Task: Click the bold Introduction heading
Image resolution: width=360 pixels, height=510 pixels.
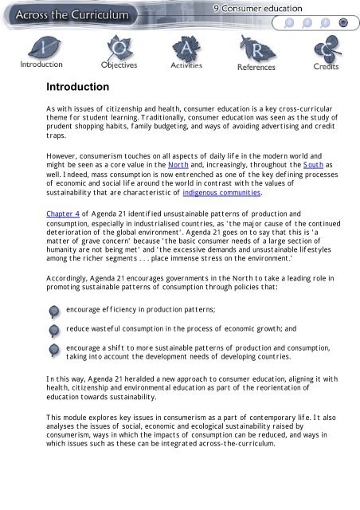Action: click(77, 86)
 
